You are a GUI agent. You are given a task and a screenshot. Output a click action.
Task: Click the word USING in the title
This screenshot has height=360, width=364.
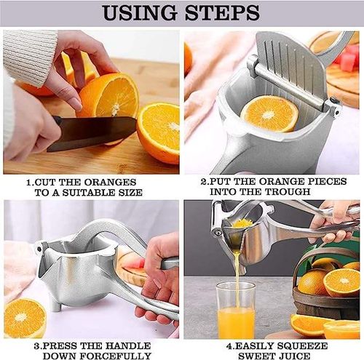[138, 12]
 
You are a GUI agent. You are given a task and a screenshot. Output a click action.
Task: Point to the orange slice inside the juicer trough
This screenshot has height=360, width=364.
[269, 113]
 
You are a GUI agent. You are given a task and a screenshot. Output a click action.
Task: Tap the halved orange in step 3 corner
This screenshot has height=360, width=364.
[25, 318]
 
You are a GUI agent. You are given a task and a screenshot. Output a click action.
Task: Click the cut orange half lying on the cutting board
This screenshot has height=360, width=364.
[159, 131]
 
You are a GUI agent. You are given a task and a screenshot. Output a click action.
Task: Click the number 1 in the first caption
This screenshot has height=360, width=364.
[28, 182]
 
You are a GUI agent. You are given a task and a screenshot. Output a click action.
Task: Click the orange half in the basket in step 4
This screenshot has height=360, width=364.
[341, 282]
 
